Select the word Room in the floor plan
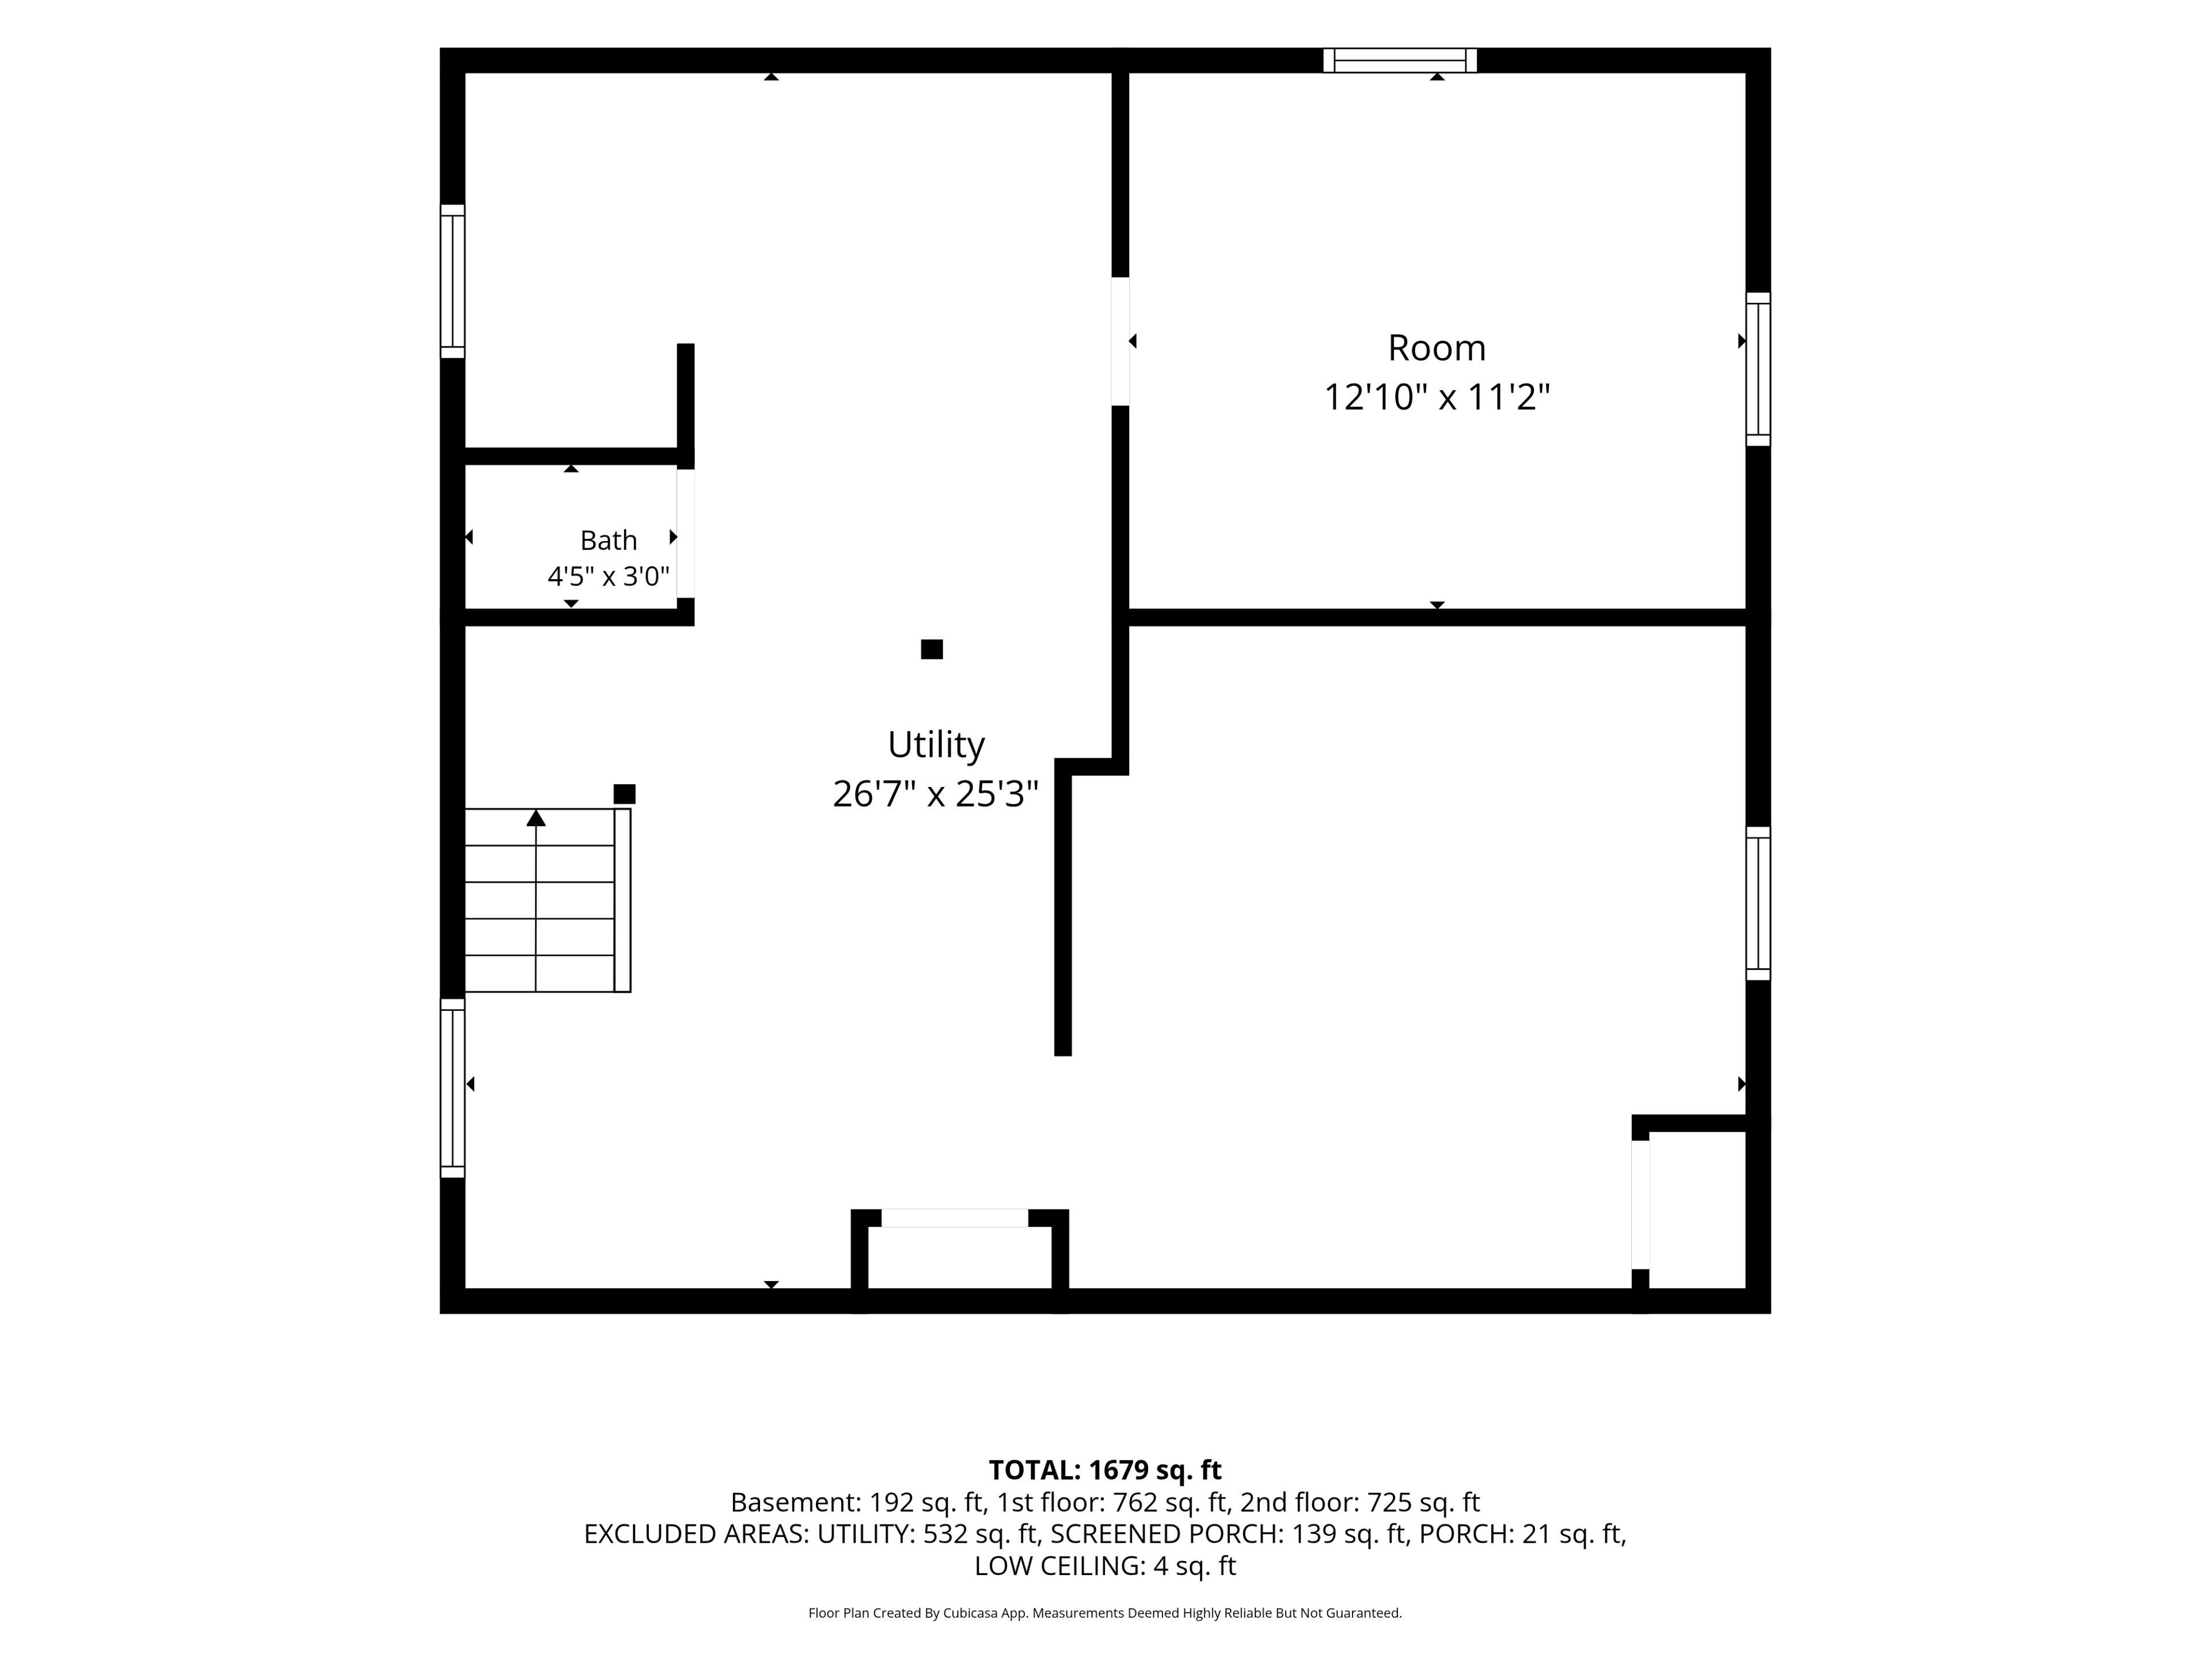click(1437, 348)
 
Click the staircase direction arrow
click(535, 817)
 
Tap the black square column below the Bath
click(932, 649)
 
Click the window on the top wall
click(1400, 60)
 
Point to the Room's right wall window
click(1758, 369)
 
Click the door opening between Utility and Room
click(1120, 341)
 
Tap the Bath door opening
click(686, 533)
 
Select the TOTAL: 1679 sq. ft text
click(1104, 1470)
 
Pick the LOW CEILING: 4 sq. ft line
click(1104, 1565)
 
